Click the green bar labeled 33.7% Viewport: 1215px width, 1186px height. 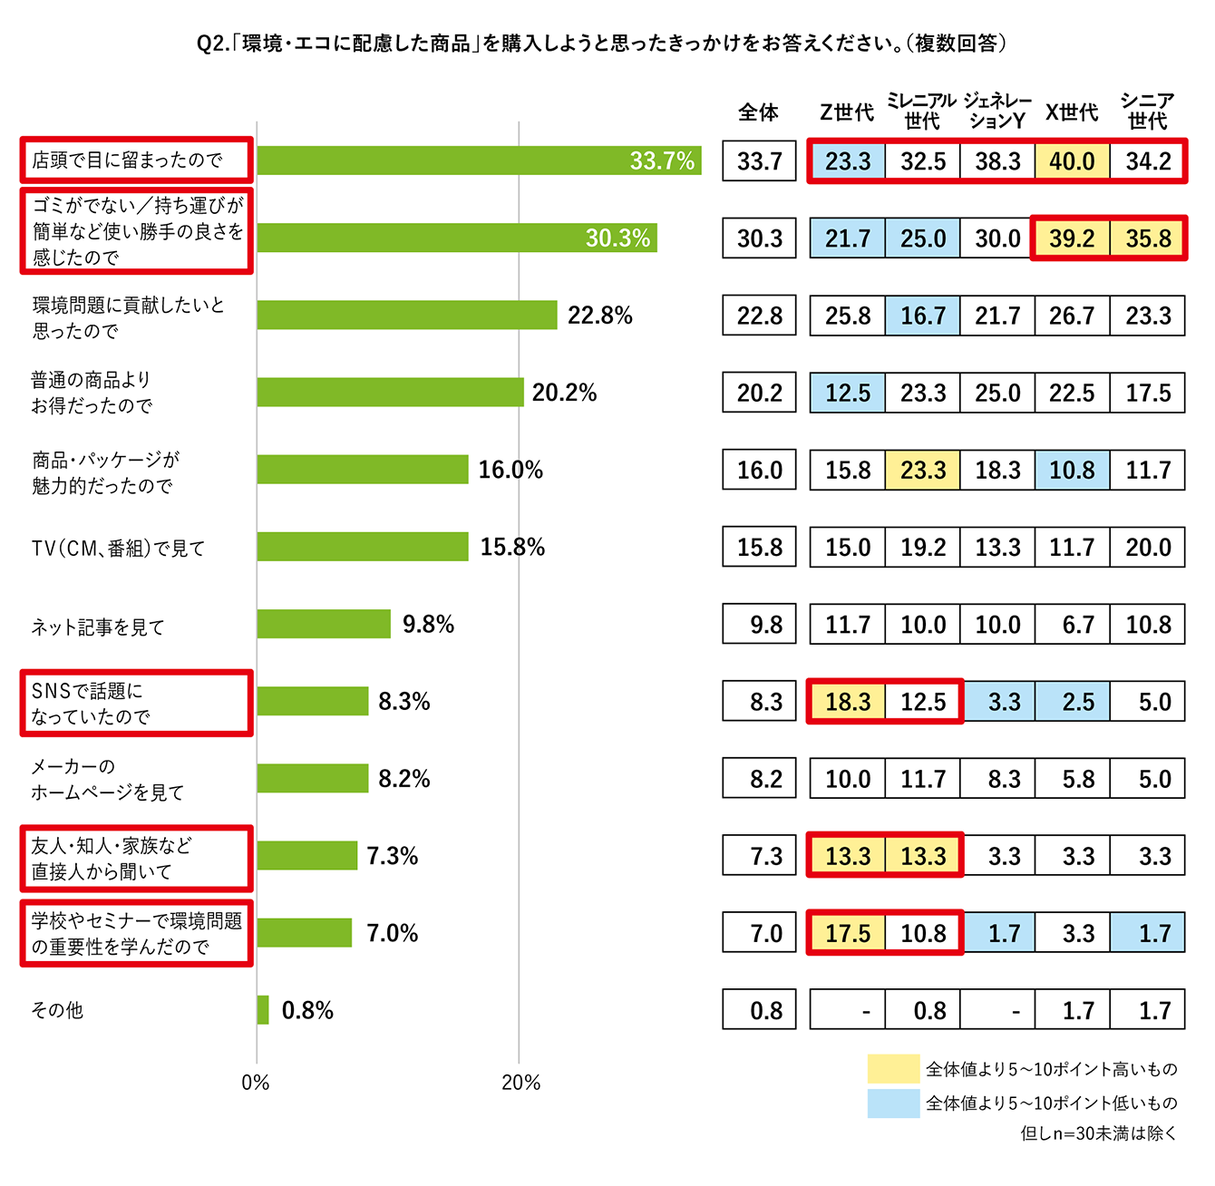(478, 160)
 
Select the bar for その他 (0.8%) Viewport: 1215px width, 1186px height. (263, 1010)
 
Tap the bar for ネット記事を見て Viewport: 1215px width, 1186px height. (324, 624)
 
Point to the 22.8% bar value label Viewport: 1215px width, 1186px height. (599, 316)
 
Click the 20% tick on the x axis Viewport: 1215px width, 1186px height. (520, 1083)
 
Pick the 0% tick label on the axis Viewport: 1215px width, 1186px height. (256, 1083)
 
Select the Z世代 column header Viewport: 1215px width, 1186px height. (847, 112)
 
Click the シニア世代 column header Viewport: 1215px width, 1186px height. (1147, 111)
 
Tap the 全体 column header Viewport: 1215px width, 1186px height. (758, 112)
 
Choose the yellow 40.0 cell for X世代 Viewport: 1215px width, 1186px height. (1072, 161)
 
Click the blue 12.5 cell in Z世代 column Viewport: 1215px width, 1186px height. (847, 393)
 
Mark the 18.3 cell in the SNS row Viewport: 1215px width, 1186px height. (847, 702)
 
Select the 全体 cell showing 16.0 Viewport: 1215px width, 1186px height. (759, 470)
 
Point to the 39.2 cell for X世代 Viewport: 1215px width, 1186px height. (1072, 238)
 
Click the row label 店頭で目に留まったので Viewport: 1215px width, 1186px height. (127, 160)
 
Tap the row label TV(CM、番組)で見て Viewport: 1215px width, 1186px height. (118, 549)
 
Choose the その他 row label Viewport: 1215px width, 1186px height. (57, 1010)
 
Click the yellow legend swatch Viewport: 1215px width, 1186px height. (893, 1069)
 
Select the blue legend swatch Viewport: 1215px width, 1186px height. (893, 1103)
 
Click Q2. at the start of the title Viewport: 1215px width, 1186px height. (212, 43)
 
